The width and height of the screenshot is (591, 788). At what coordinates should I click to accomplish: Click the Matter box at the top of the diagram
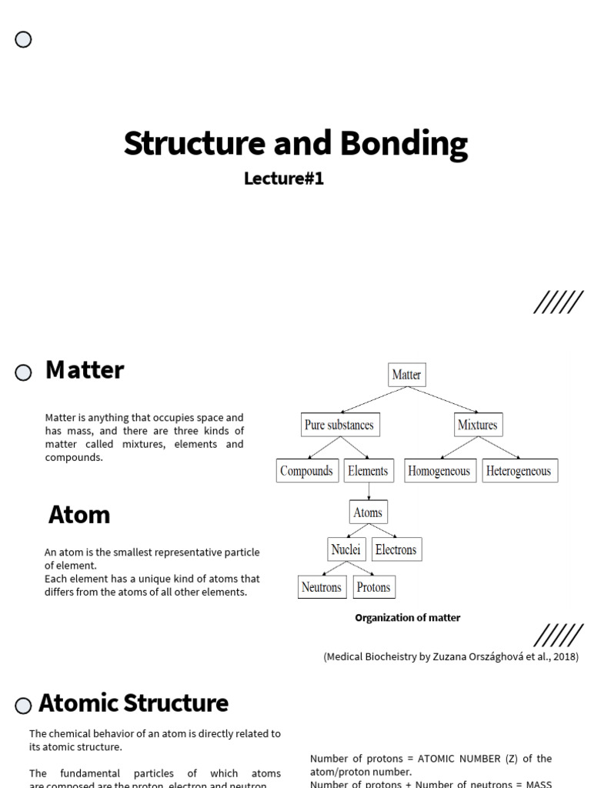(406, 375)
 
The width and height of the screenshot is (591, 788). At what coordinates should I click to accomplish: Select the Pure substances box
(339, 425)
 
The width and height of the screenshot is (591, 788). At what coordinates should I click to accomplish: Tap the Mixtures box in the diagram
(477, 425)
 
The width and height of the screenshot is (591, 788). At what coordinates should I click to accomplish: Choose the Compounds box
(306, 471)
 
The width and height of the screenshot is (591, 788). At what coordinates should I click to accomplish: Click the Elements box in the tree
(368, 471)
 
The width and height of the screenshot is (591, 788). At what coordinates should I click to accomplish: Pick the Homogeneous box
(439, 471)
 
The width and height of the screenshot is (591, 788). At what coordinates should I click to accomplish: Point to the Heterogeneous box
(519, 471)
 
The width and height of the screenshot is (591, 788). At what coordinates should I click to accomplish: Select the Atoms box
(368, 513)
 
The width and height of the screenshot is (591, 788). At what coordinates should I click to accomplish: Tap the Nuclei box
(346, 549)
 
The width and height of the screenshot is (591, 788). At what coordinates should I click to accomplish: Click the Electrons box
(396, 549)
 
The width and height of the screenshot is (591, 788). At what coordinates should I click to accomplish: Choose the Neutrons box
(322, 587)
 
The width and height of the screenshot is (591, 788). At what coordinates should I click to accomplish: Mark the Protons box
(374, 587)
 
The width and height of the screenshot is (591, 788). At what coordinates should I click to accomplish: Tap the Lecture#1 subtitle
(284, 179)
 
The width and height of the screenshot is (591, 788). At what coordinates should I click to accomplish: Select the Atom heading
(79, 514)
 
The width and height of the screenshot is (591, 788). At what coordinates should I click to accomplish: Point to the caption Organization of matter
(407, 618)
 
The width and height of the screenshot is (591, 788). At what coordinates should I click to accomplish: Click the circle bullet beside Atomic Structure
(23, 706)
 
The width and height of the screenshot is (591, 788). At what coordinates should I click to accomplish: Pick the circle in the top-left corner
(23, 40)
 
